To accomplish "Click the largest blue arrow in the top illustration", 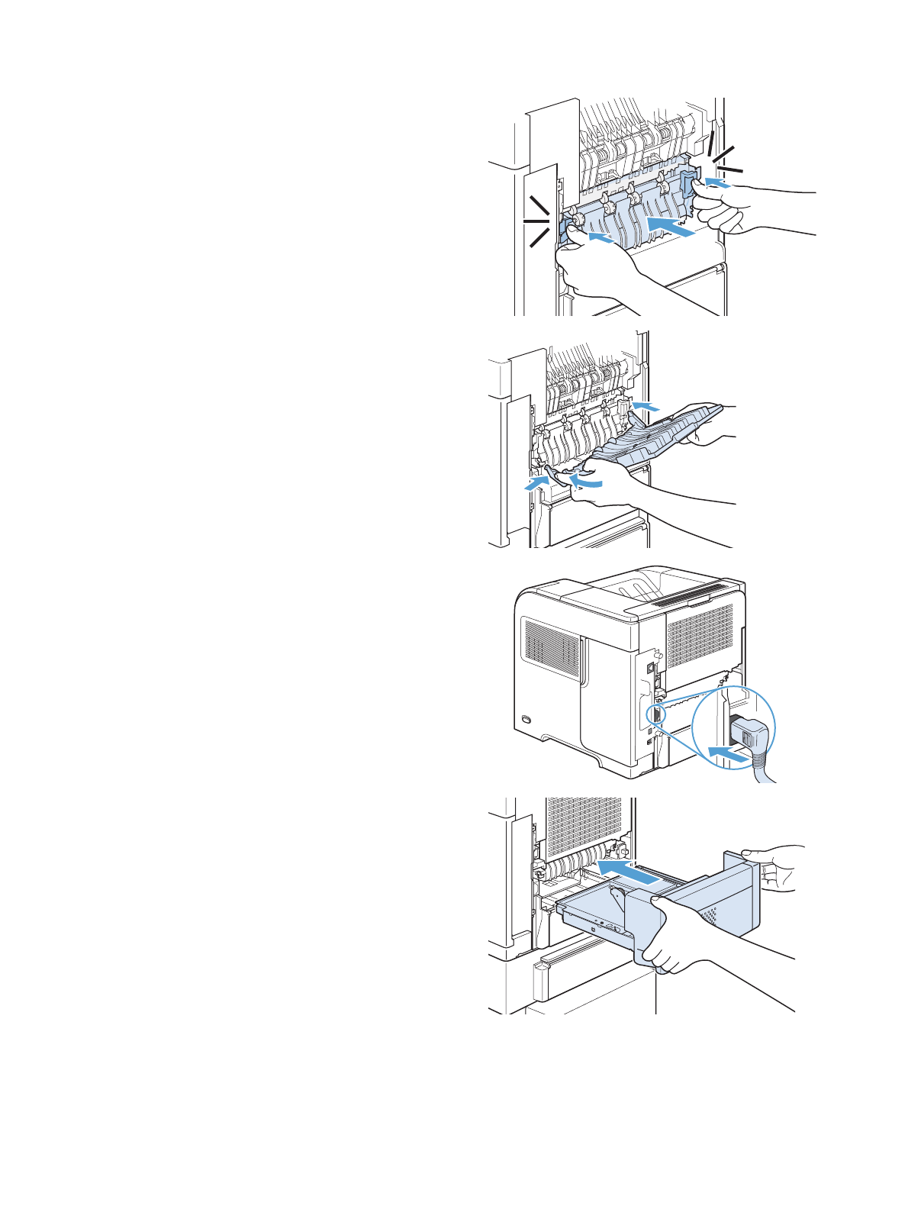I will (x=670, y=225).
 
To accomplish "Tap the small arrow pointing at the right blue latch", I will (x=716, y=182).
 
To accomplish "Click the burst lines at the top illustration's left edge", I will (x=538, y=221).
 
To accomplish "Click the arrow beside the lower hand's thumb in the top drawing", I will (x=600, y=239).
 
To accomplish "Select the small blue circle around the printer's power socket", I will (x=653, y=715).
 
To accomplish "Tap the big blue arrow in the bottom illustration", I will (x=627, y=872).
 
